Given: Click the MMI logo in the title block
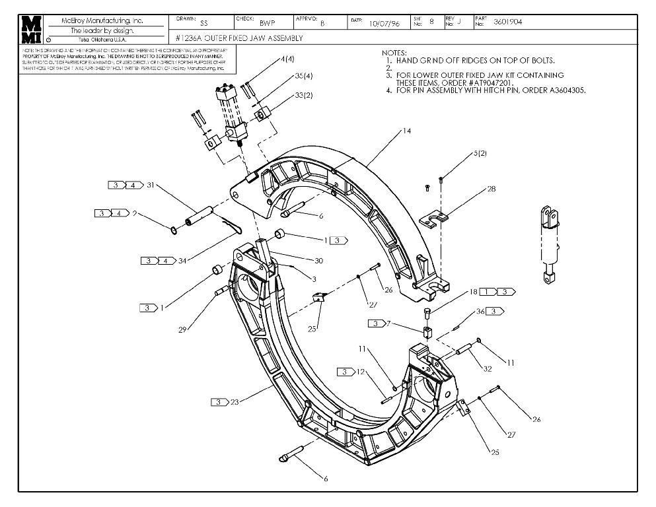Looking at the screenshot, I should (x=31, y=29).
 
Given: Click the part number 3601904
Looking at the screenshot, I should (x=507, y=21).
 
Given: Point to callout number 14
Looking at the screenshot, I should (x=407, y=131).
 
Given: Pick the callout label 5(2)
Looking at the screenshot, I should (x=480, y=153).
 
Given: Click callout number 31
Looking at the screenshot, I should (x=150, y=185).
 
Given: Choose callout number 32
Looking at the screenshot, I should (x=488, y=369).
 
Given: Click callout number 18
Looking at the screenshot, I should (x=473, y=291).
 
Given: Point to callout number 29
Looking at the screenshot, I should (x=182, y=329).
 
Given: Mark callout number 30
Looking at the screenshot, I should (x=299, y=260).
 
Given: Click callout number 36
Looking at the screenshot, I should (x=480, y=311).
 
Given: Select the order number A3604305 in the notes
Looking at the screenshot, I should (x=564, y=90).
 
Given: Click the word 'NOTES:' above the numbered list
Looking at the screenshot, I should (x=396, y=52).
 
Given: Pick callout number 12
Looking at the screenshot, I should (x=361, y=372).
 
